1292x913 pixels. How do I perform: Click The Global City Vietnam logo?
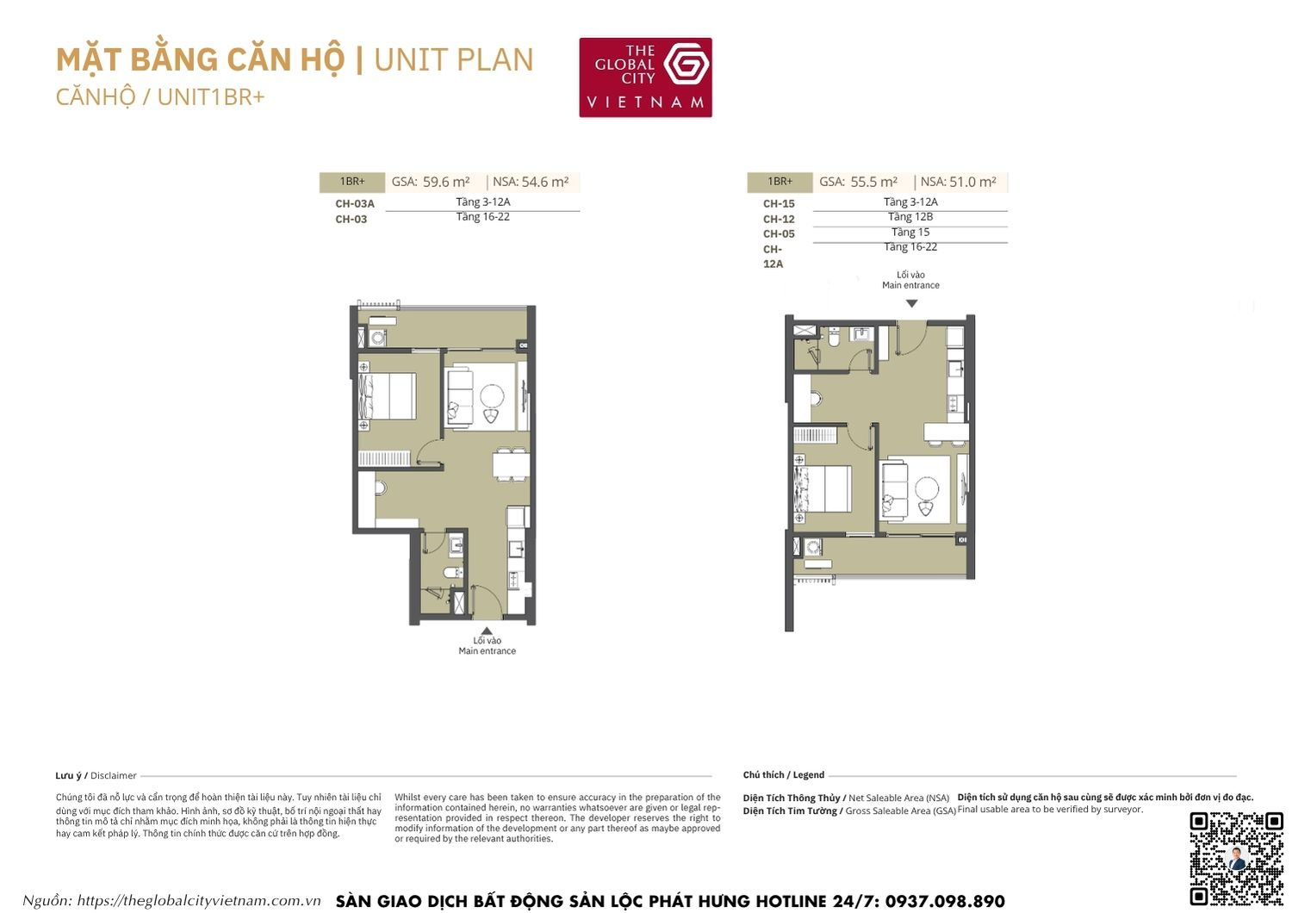[645, 78]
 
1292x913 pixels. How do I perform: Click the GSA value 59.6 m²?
[446, 182]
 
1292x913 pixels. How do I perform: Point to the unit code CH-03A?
[355, 204]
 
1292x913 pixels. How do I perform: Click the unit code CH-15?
[779, 204]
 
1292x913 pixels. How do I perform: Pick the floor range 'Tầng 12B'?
[910, 217]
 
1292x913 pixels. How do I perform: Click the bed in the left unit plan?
[388, 396]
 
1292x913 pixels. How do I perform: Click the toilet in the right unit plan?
[834, 338]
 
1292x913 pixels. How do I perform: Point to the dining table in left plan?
[511, 463]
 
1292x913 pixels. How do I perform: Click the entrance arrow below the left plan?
[487, 630]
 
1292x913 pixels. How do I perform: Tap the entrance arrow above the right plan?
[911, 303]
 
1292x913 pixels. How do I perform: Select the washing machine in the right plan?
[812, 546]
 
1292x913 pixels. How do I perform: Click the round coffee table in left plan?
[492, 395]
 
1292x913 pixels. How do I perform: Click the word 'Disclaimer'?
[114, 775]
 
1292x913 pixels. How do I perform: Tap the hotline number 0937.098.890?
[944, 901]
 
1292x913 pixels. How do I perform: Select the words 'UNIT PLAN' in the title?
[454, 60]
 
